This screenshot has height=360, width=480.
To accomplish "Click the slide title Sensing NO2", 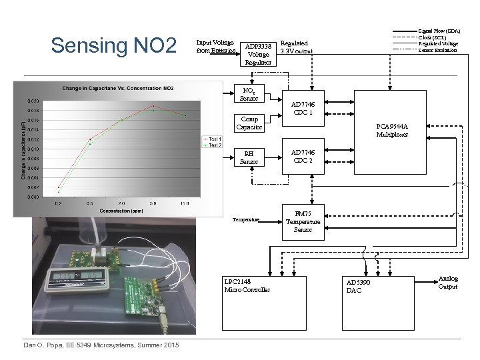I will (x=113, y=46).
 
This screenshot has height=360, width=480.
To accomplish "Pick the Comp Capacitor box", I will (x=249, y=123).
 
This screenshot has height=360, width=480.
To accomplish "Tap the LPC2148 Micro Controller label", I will (x=247, y=285).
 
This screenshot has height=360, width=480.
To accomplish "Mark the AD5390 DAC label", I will (x=359, y=286).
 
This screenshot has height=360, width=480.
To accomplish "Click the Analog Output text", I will (x=448, y=283).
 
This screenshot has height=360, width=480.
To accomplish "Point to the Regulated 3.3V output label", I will (x=297, y=47).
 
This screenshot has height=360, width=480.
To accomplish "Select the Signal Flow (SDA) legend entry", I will (x=439, y=31).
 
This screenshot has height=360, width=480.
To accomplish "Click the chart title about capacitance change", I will (x=118, y=89).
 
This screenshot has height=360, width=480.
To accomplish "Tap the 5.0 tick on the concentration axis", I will (x=153, y=203).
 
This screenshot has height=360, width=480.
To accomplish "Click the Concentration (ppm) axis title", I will (x=119, y=211).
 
